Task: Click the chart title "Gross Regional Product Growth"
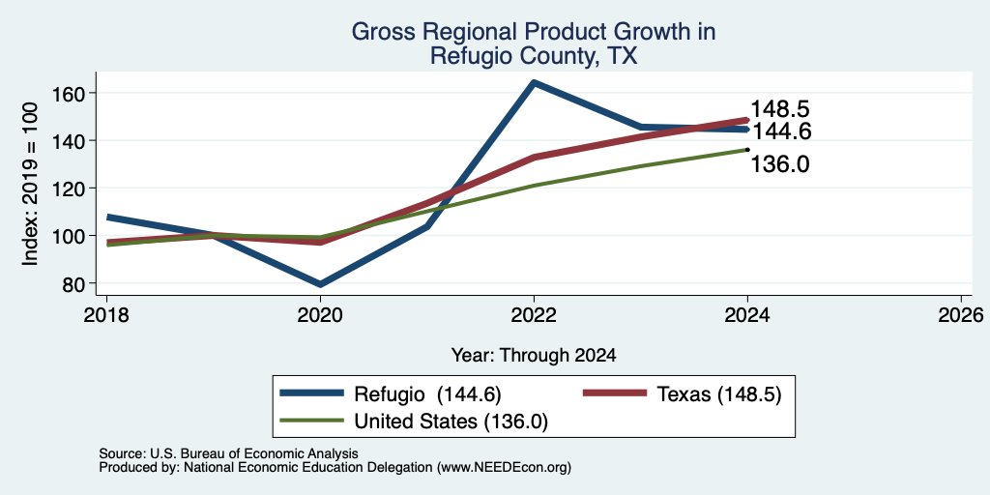coord(534,32)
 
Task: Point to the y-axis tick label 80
coord(73,283)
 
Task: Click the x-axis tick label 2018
coord(106,314)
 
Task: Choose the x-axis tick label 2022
coord(534,314)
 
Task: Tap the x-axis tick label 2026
coord(962,314)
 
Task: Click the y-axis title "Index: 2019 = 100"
coord(30,184)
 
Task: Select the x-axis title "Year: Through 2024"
coord(534,356)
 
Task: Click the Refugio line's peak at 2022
coord(534,83)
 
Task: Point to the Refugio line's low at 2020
coord(320,284)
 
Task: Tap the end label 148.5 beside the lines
coord(780,109)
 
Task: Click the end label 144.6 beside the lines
coord(780,131)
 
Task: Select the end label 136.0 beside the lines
coord(780,164)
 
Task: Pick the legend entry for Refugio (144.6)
coord(391,394)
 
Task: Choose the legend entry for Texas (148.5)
coord(683,394)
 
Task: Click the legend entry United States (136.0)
coord(414,421)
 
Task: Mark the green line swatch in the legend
coord(312,421)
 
